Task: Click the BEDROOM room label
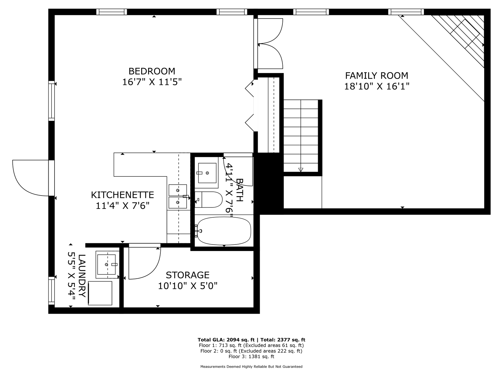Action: [152, 71]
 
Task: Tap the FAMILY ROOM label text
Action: [377, 76]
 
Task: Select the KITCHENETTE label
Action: [122, 195]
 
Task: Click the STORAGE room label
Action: [188, 275]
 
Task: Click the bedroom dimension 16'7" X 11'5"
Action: [152, 82]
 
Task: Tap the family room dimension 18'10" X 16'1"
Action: [377, 86]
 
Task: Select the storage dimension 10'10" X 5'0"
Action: [188, 286]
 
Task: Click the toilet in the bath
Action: [208, 200]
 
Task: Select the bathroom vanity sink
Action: [207, 173]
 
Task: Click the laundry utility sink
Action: [107, 264]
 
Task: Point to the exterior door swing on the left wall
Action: [30, 178]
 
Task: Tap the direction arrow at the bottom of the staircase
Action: [300, 170]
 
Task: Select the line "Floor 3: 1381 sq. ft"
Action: [251, 357]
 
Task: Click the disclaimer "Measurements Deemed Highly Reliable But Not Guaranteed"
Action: [251, 367]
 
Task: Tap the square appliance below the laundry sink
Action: [100, 293]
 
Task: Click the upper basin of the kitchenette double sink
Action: [178, 190]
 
